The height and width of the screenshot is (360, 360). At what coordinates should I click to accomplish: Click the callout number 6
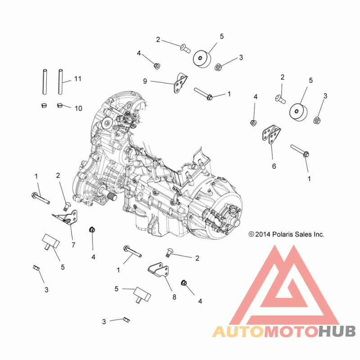coord(274,166)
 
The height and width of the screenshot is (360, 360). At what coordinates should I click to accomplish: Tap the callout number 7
coord(73,245)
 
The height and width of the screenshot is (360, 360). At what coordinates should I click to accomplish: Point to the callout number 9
coord(145,81)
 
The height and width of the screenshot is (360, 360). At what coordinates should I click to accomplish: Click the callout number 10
coord(78,108)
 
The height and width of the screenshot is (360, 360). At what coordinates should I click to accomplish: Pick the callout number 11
coord(78,79)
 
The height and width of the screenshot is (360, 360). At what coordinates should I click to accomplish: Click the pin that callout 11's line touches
coord(60,81)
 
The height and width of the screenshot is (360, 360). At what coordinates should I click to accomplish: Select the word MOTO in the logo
coord(290,332)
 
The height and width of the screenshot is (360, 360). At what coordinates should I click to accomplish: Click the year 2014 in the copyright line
coord(263,234)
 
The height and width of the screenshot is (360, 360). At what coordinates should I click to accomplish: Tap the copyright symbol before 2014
coord(251,234)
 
